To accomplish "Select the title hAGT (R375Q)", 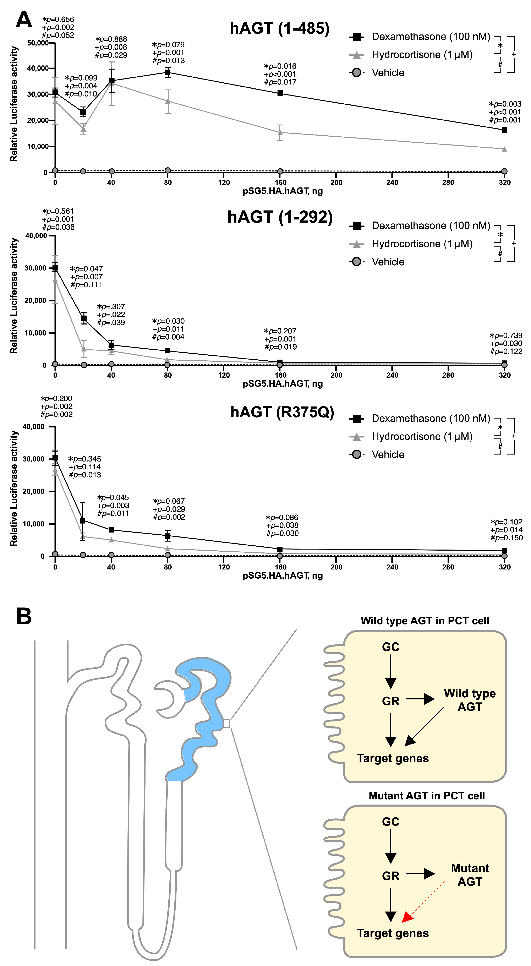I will click(282, 412).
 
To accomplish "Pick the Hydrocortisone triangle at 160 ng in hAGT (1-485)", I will click(280, 132).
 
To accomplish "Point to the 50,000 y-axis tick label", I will click(38, 43).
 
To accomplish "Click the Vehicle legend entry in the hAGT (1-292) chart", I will click(388, 262).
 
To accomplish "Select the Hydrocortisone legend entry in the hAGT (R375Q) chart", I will click(422, 437).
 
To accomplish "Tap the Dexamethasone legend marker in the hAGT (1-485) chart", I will click(357, 37).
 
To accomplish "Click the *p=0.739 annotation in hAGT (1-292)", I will click(506, 336).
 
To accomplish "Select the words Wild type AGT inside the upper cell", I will click(470, 700).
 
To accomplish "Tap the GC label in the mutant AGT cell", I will click(390, 822).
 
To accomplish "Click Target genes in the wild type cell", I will click(393, 758).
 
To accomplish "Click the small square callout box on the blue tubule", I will click(226, 723).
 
